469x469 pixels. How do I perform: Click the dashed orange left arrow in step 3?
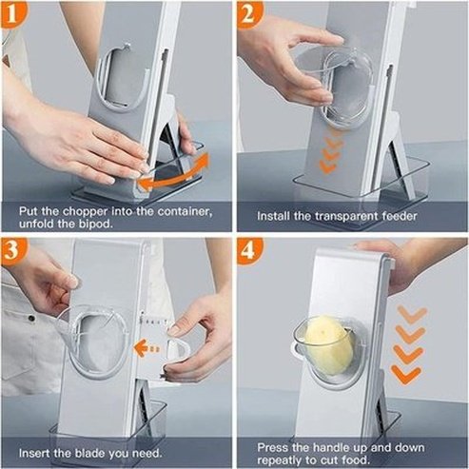(x=148, y=348)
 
